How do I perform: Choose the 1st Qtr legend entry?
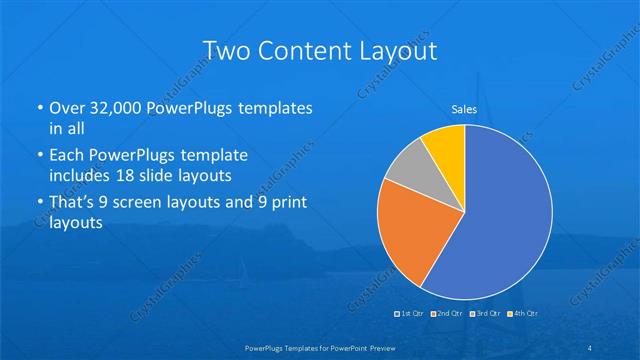pos(410,314)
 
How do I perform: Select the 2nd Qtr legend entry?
pos(446,314)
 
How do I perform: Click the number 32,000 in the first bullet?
pos(115,107)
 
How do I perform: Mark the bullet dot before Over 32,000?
pos(39,107)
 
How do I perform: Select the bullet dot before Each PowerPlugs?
pos(39,156)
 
